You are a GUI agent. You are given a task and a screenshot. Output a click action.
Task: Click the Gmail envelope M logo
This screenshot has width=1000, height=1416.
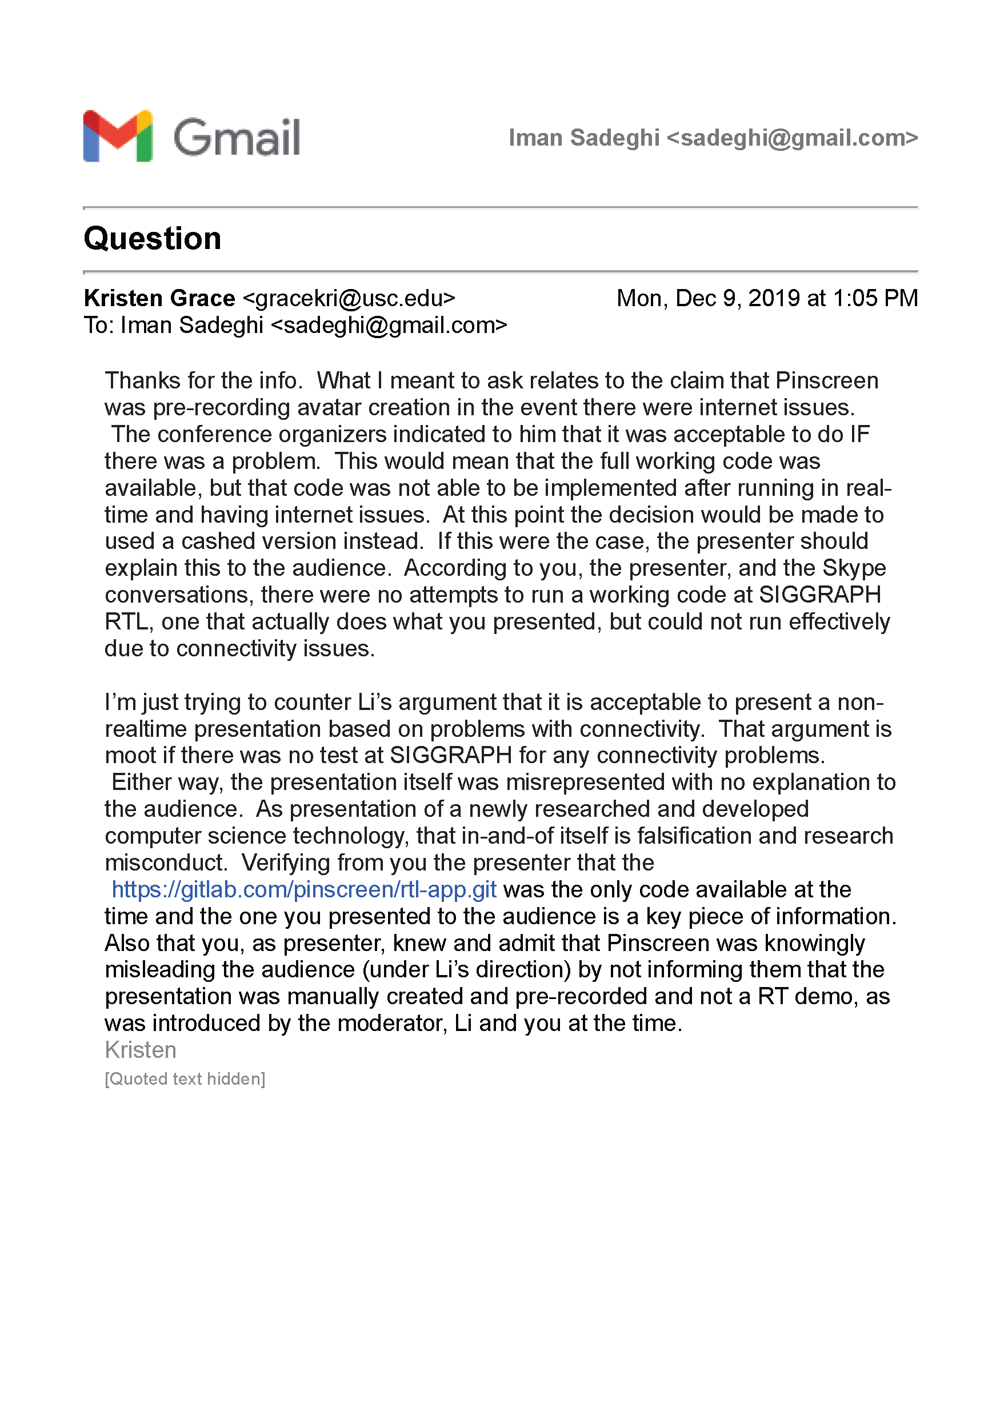click(118, 137)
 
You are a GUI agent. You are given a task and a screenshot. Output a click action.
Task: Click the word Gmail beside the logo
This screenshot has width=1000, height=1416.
click(237, 138)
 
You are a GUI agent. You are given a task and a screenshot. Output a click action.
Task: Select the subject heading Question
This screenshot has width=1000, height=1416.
click(153, 239)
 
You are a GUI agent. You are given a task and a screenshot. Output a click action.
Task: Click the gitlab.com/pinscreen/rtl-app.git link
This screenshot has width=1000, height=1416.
click(303, 889)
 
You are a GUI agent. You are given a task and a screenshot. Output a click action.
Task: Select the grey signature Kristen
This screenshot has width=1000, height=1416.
click(141, 1050)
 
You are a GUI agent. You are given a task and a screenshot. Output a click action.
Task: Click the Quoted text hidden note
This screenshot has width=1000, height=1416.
click(185, 1078)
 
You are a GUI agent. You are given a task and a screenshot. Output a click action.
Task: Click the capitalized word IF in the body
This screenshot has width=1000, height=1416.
click(859, 435)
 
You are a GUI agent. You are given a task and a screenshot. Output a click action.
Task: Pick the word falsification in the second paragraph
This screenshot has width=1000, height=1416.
click(695, 836)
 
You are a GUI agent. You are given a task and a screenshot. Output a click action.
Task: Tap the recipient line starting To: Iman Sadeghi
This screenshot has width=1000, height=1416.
click(295, 325)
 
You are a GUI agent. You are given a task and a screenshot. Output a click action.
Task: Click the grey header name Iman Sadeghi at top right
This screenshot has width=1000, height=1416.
click(583, 138)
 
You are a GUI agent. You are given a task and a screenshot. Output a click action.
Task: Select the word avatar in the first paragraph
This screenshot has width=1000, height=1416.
click(326, 408)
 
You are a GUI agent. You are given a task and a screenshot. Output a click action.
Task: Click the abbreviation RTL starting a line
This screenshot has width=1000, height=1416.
click(126, 621)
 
